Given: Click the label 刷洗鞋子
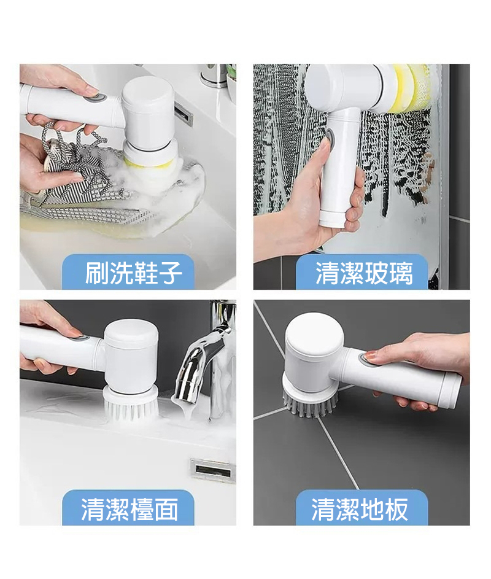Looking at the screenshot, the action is coord(134,273).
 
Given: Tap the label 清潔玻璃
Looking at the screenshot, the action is coord(364,274).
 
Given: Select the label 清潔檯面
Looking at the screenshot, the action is coord(130,509).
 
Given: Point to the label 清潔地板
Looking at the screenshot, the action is coord(360,509).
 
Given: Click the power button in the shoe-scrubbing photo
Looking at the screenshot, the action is coord(98,98).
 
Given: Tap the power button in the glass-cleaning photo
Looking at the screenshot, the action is coord(329,139).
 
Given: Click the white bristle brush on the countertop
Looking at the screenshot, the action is coord(131,405).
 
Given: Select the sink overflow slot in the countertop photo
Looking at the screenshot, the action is coord(213,471).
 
